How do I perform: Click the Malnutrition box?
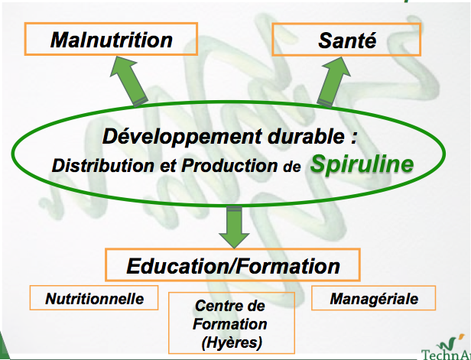pos(111,39)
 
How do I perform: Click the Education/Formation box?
pos(233,266)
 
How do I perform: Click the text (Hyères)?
pos(232,342)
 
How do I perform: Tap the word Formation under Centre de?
pos(232,324)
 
